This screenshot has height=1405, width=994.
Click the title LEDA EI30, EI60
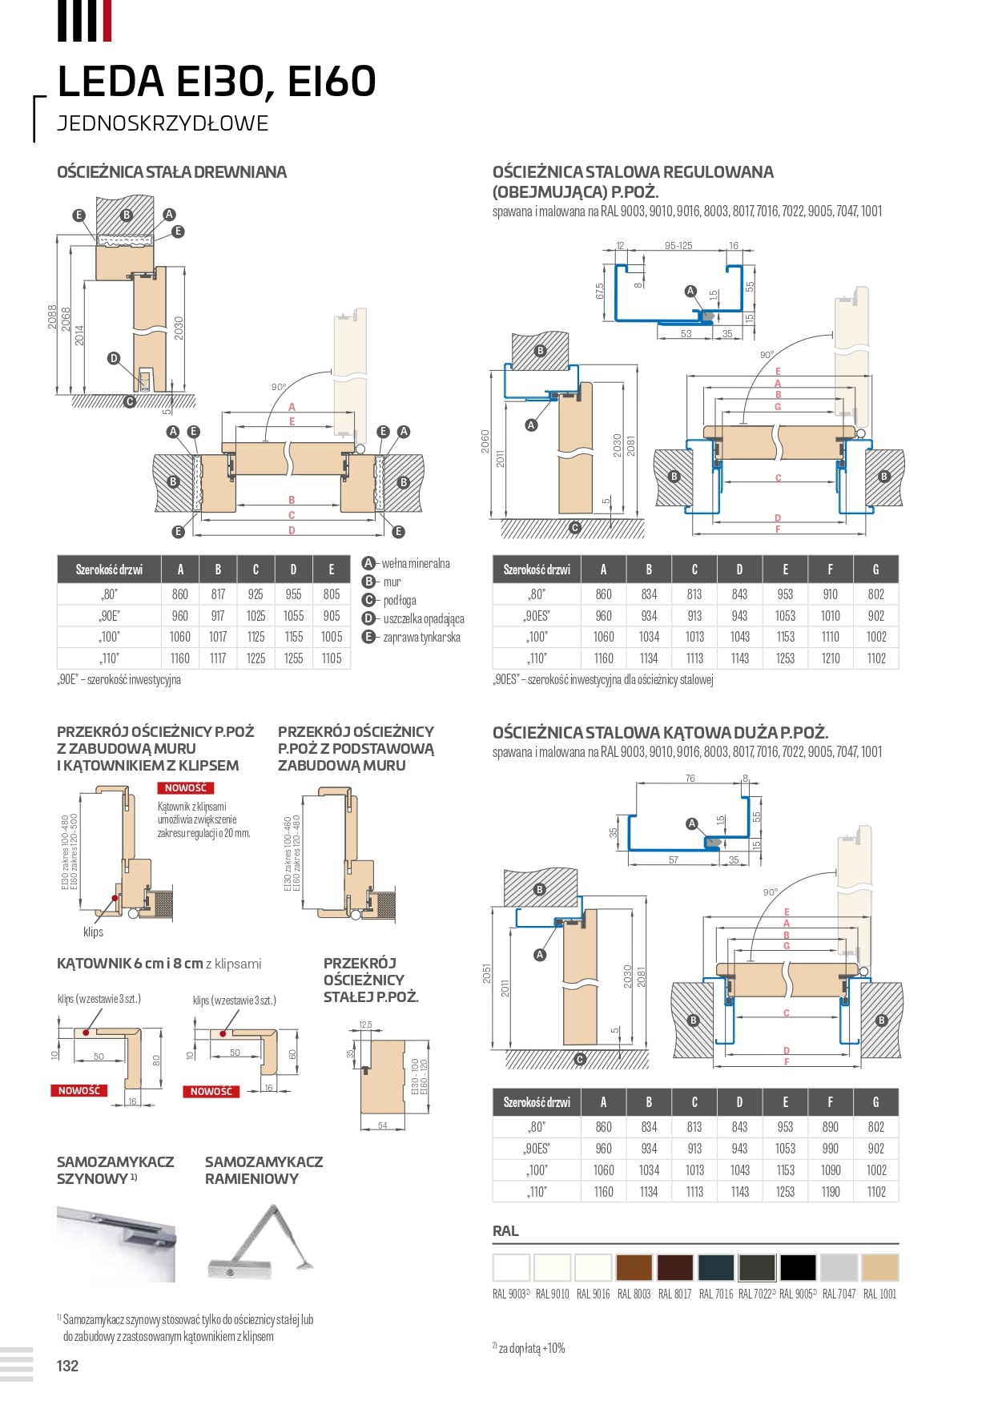[x=216, y=81]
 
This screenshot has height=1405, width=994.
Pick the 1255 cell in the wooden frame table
[x=293, y=658]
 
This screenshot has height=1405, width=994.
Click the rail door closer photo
[x=115, y=1243]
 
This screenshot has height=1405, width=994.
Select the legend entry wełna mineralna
[x=415, y=564]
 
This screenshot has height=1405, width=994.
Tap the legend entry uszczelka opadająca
[x=423, y=619]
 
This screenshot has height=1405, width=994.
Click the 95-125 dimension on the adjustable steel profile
[x=678, y=246]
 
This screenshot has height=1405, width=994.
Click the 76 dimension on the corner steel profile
[x=690, y=779]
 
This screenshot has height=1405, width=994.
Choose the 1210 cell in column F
[x=830, y=658]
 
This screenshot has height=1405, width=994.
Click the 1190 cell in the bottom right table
[x=830, y=1192]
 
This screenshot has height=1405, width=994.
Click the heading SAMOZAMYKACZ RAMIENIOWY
[x=264, y=1170]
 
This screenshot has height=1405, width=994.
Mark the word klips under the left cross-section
[x=93, y=932]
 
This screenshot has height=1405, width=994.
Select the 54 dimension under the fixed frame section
[x=382, y=1125]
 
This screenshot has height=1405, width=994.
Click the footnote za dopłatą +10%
[x=531, y=1349]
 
